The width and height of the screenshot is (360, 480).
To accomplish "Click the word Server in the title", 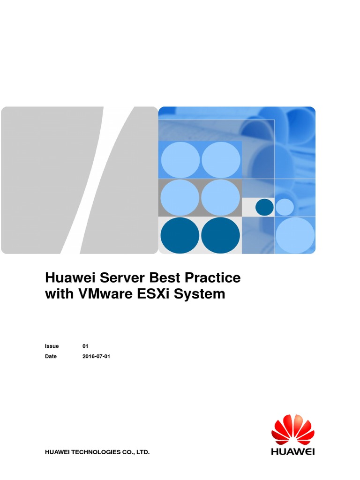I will tap(107, 277).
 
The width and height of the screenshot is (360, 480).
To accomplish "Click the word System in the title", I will tap(203, 294).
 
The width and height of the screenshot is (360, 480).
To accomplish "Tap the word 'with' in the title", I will tap(58, 294).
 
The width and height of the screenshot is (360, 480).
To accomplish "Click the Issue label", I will tap(52, 346).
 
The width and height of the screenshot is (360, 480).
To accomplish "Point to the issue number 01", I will tap(85, 346).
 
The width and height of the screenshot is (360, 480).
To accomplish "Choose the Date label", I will tap(51, 356).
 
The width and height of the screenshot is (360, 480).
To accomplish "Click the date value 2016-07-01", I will tap(96, 356).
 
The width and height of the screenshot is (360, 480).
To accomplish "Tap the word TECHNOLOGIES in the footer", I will tap(95, 452).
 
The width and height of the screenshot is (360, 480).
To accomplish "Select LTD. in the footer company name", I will tap(142, 452).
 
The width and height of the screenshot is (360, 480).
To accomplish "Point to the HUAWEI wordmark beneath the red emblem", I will tap(293, 451).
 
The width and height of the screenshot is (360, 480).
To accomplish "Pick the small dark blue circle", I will tap(264, 207).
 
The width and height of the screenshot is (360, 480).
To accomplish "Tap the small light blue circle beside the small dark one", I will tap(284, 207).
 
